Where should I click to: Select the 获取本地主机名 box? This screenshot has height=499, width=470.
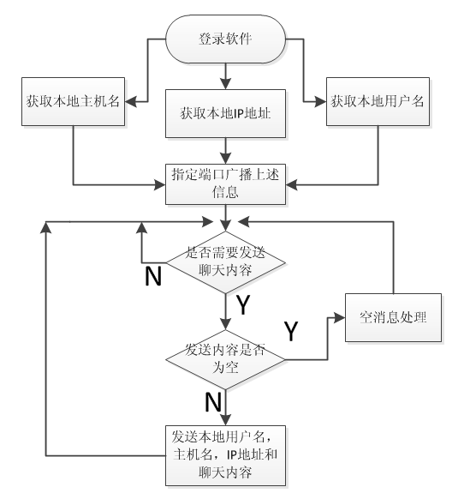(71, 102)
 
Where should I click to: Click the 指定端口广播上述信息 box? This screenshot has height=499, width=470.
(224, 186)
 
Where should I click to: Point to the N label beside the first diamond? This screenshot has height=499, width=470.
(153, 277)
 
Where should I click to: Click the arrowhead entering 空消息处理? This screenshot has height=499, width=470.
(341, 317)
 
